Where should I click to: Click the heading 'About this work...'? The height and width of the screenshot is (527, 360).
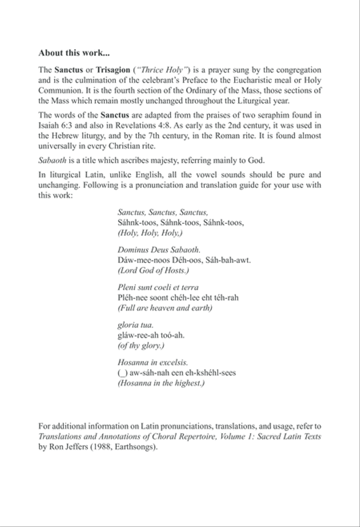[74, 53]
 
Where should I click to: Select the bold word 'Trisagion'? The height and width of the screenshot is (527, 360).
[113, 70]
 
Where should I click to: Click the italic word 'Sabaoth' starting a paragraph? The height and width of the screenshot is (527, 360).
[52, 161]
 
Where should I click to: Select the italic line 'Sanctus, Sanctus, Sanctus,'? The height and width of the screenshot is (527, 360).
[163, 212]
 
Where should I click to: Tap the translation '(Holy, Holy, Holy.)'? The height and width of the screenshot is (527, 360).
[150, 233]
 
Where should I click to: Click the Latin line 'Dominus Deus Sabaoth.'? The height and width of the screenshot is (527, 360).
[159, 250]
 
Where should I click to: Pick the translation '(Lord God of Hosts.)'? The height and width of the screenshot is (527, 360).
[153, 270]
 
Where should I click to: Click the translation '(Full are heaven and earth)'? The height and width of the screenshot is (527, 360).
[165, 308]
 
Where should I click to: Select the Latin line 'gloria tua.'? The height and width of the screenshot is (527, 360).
[136, 325]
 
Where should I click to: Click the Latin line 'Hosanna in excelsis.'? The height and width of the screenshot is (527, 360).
[153, 362]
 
